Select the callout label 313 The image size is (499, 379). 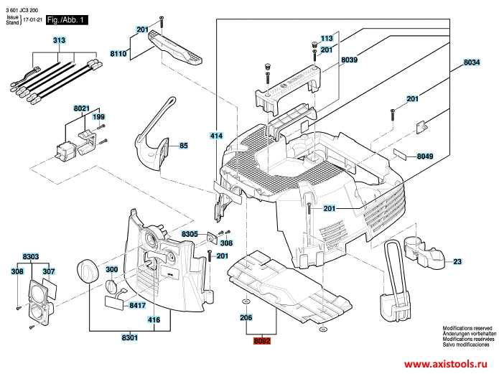pyautogui.click(x=58, y=40)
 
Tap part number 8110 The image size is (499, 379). pyautogui.click(x=118, y=53)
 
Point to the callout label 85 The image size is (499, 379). pyautogui.click(x=183, y=146)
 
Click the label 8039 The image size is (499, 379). pyautogui.click(x=349, y=61)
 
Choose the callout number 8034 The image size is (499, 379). pyautogui.click(x=472, y=63)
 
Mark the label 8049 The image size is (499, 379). pyautogui.click(x=426, y=156)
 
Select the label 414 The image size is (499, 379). pyautogui.click(x=217, y=136)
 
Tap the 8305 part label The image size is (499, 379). pyautogui.click(x=190, y=235)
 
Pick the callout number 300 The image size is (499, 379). pyautogui.click(x=112, y=269)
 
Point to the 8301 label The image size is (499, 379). pyautogui.click(x=130, y=337)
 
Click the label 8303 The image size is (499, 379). pyautogui.click(x=31, y=256)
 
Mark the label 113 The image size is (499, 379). pyautogui.click(x=327, y=38)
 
